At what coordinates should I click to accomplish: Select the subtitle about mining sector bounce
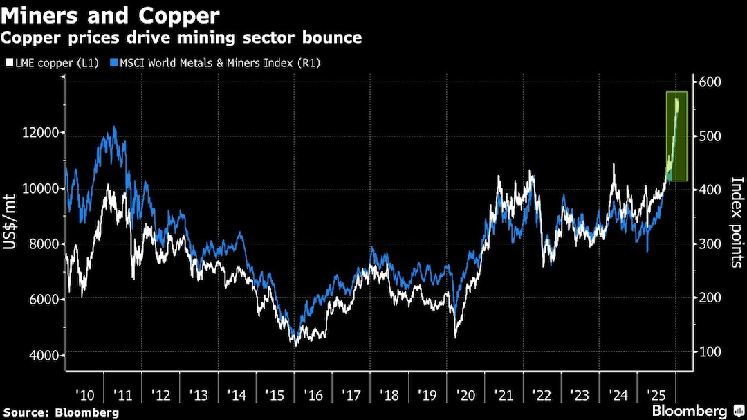(x=182, y=37)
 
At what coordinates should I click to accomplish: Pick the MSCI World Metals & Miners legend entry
(x=219, y=63)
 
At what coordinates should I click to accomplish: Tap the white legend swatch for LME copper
(x=8, y=63)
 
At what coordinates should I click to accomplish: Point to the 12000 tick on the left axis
(x=41, y=133)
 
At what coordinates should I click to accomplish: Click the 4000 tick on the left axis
(x=43, y=356)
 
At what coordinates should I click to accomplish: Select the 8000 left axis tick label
(x=43, y=244)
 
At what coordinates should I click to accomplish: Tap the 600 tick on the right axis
(x=712, y=82)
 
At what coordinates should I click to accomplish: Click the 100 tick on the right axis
(x=712, y=351)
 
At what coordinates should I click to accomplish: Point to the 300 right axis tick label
(x=712, y=244)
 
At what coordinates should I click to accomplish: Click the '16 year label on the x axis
(x=313, y=395)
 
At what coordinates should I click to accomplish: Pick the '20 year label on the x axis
(x=466, y=395)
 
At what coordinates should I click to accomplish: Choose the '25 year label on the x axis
(x=656, y=395)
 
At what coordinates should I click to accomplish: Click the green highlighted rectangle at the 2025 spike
(x=676, y=136)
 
